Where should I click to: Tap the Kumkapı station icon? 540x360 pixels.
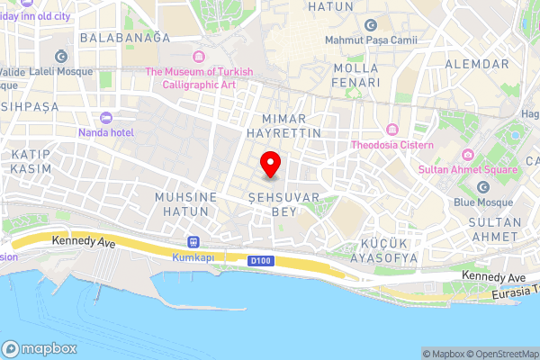[192, 242]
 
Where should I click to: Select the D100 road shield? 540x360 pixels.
[260, 260]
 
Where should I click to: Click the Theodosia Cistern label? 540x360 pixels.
[392, 144]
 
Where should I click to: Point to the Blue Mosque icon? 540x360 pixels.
[483, 187]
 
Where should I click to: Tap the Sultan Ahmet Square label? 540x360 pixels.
[467, 169]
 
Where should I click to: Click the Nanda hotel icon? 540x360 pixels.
[106, 118]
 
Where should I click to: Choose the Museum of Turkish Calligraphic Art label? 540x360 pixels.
[200, 78]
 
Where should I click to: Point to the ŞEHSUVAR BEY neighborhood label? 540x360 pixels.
[271, 204]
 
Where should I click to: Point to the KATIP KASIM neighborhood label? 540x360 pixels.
[31, 162]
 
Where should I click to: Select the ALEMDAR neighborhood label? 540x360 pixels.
[478, 64]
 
